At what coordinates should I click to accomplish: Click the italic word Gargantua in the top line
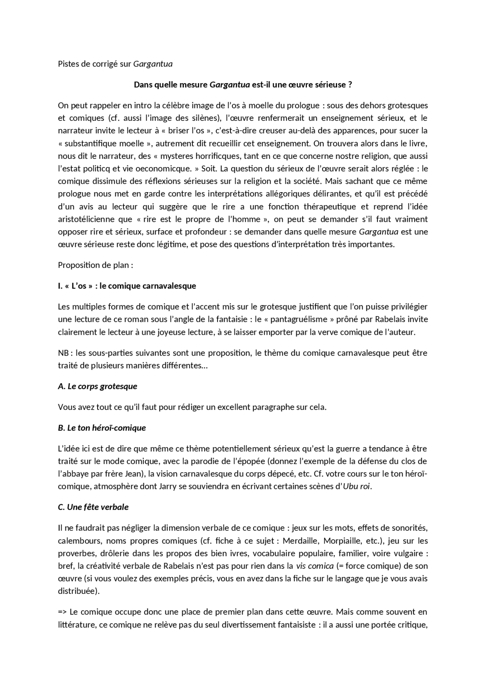tap(153, 64)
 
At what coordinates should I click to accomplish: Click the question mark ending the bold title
tap(350, 85)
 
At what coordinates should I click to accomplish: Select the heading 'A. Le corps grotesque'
tap(97, 386)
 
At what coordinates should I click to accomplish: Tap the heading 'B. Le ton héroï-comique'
tap(102, 428)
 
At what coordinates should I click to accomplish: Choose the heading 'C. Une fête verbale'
tap(93, 507)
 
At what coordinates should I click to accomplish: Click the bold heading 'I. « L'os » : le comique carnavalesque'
tap(127, 286)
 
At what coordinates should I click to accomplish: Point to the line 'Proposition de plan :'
tap(95, 265)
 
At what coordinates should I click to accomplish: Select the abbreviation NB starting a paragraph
tap(63, 353)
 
